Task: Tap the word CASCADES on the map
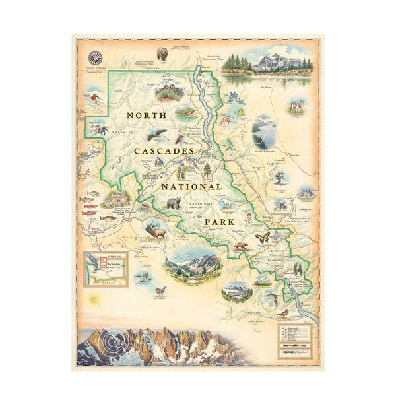tap(164, 151)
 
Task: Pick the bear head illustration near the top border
tap(162, 53)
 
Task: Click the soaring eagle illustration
tap(156, 135)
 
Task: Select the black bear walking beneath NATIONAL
tap(173, 203)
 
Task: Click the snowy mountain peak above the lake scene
tap(277, 62)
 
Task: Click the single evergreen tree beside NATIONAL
tap(207, 170)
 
